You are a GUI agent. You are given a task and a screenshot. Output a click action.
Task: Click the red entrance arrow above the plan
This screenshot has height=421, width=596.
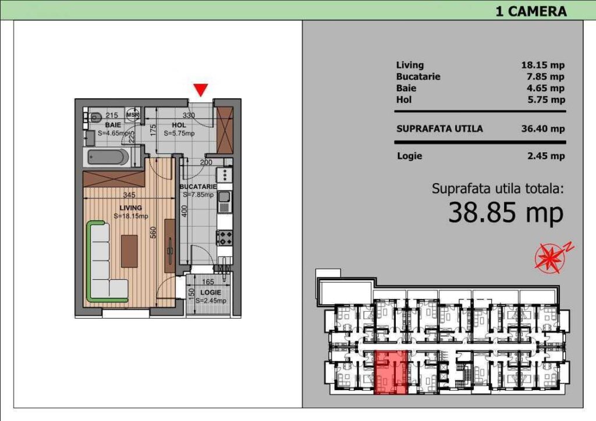(x=201, y=90)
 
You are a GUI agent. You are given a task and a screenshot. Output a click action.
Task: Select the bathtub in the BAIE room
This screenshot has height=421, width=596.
(x=108, y=157)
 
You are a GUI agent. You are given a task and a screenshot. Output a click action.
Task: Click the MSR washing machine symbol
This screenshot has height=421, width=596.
(x=133, y=115)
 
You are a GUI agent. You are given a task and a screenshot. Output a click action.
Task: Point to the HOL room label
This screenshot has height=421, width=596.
(x=179, y=125)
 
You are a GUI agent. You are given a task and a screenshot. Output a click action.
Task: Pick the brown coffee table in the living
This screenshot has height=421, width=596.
(x=129, y=251)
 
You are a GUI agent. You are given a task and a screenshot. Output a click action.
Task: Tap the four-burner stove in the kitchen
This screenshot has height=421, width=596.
(x=225, y=238)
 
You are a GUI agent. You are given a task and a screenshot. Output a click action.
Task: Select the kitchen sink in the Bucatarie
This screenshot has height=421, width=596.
(x=224, y=197)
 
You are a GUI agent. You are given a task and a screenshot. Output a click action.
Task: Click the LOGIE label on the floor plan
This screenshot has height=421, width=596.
(x=211, y=292)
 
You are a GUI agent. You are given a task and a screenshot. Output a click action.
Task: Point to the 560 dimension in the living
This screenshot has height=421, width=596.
(x=153, y=233)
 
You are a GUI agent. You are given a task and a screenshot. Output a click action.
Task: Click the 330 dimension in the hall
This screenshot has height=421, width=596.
(x=189, y=115)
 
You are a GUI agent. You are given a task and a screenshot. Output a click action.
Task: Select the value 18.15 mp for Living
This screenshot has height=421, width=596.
(x=543, y=65)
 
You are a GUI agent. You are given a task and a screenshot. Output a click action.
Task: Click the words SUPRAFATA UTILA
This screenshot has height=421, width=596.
(x=439, y=129)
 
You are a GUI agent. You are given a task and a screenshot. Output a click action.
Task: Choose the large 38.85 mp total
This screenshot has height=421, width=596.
(x=506, y=213)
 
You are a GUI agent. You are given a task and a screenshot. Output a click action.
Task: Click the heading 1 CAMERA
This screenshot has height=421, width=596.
(x=531, y=12)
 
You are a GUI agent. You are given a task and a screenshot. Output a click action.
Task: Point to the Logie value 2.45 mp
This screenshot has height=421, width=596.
(x=546, y=156)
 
